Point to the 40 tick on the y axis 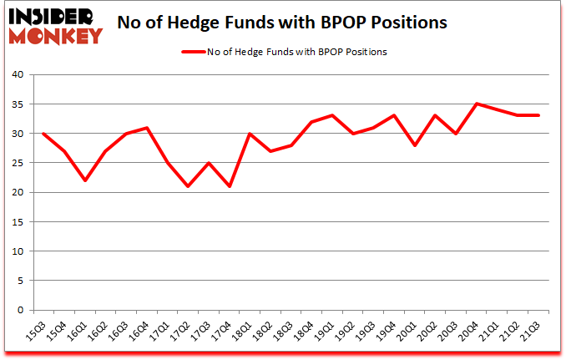tap(19, 75)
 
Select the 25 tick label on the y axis tap(19, 163)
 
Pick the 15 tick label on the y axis tap(19, 222)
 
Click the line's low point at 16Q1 tap(84, 180)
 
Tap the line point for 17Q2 tap(188, 186)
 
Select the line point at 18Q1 tap(250, 134)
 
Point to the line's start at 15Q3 tap(43, 134)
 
